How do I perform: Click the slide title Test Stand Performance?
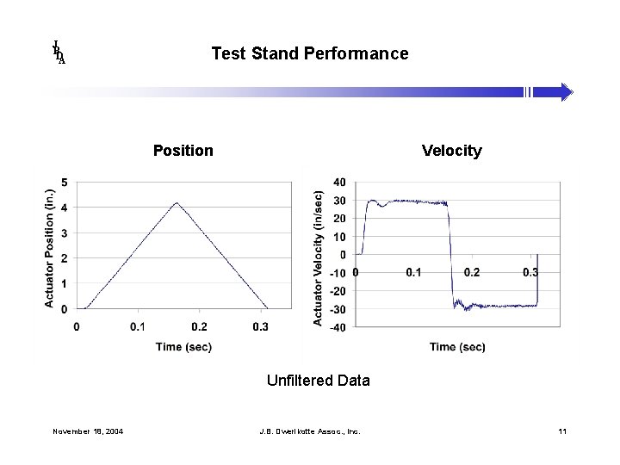pyautogui.click(x=309, y=53)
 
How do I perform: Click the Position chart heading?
pyautogui.click(x=183, y=151)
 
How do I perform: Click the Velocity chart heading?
pyautogui.click(x=451, y=151)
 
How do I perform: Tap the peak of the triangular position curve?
pyautogui.click(x=177, y=203)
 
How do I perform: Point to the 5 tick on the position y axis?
pyautogui.click(x=65, y=183)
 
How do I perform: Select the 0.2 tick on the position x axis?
pyautogui.click(x=199, y=326)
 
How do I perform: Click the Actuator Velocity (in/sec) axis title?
pyautogui.click(x=319, y=258)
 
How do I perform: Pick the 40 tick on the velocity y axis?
pyautogui.click(x=339, y=183)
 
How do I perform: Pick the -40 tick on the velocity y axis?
pyautogui.click(x=338, y=327)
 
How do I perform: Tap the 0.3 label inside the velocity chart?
pyautogui.click(x=530, y=272)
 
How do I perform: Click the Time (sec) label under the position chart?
pyautogui.click(x=183, y=346)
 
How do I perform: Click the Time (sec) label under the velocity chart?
pyautogui.click(x=457, y=346)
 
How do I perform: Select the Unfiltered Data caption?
pyautogui.click(x=318, y=380)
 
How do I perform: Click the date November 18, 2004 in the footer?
pyautogui.click(x=87, y=431)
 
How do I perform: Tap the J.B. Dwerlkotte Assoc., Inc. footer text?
pyautogui.click(x=309, y=431)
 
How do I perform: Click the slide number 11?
pyautogui.click(x=561, y=431)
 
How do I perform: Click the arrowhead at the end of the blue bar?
pyautogui.click(x=565, y=92)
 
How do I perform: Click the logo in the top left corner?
pyautogui.click(x=59, y=53)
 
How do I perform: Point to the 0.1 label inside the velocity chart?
pyautogui.click(x=413, y=272)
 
